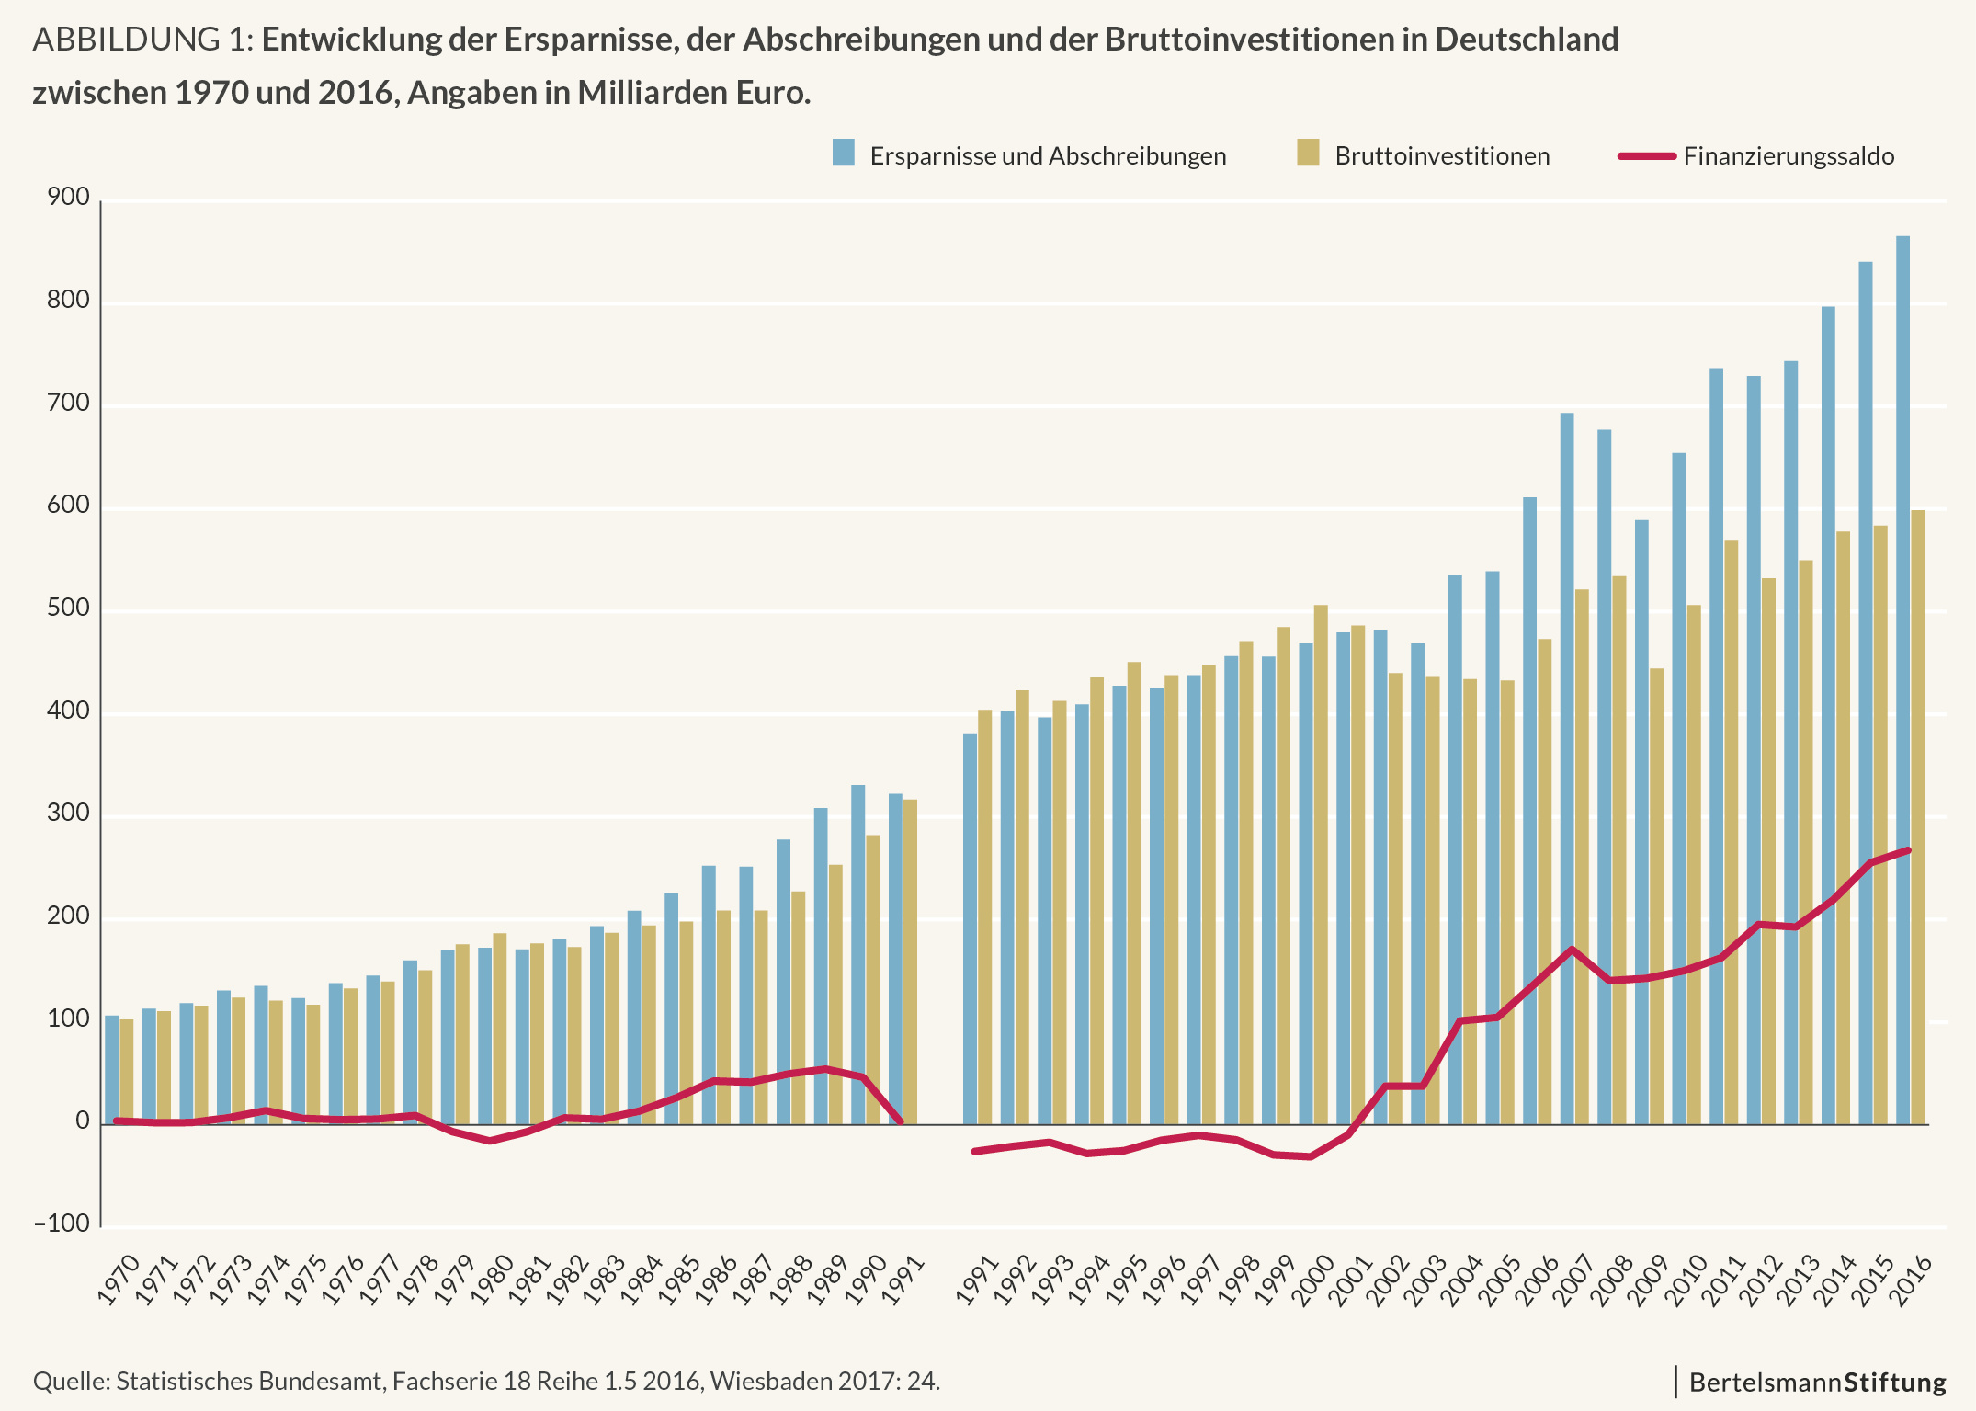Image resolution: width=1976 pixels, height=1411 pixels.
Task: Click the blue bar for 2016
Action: point(1902,680)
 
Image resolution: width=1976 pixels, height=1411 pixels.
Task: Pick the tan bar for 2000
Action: point(1321,864)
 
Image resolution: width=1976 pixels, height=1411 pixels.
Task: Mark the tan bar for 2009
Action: point(1656,896)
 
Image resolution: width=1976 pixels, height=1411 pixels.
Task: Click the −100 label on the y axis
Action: point(62,1224)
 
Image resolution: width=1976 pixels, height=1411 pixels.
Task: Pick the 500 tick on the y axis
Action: point(70,609)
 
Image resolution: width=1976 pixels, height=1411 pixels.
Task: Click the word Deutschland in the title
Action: point(1525,40)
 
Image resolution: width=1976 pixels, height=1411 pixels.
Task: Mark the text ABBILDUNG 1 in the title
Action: point(139,40)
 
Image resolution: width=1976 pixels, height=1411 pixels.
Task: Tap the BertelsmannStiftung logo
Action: point(1817,1383)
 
